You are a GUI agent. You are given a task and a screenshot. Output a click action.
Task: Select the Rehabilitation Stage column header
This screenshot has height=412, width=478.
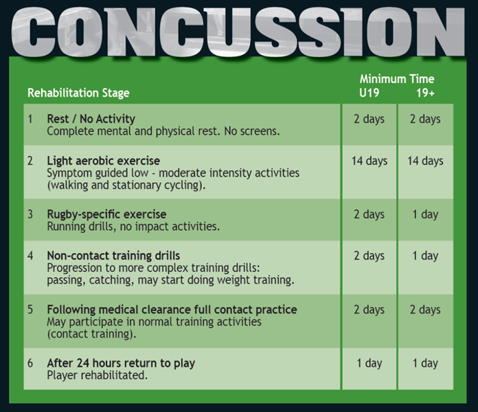tap(78, 93)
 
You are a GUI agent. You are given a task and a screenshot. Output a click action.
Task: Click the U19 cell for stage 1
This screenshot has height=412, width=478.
tap(369, 119)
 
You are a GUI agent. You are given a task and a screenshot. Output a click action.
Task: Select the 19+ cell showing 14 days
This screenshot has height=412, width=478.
tap(425, 161)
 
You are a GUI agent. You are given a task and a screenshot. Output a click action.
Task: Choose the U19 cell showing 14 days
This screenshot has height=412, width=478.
tap(369, 161)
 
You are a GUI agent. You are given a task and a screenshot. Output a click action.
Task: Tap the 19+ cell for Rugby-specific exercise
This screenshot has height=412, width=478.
tap(425, 214)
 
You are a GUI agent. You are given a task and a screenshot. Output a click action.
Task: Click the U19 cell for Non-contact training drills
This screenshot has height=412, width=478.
tap(369, 256)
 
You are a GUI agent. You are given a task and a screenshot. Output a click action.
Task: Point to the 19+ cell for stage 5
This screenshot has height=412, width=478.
tap(425, 310)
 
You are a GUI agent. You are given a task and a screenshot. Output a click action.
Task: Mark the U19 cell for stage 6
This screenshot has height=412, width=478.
tap(369, 363)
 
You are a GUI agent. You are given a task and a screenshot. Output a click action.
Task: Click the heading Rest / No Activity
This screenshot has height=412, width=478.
tap(91, 119)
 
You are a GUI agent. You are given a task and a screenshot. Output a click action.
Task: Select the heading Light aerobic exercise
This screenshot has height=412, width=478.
tap(103, 161)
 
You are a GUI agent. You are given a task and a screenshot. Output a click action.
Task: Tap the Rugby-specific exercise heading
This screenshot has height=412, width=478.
tap(106, 214)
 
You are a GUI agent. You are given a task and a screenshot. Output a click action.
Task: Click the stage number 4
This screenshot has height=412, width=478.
tap(30, 256)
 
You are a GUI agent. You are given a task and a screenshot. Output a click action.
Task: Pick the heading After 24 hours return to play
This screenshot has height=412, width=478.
tap(121, 363)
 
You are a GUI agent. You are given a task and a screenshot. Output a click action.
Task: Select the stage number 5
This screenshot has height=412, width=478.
tap(30, 310)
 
